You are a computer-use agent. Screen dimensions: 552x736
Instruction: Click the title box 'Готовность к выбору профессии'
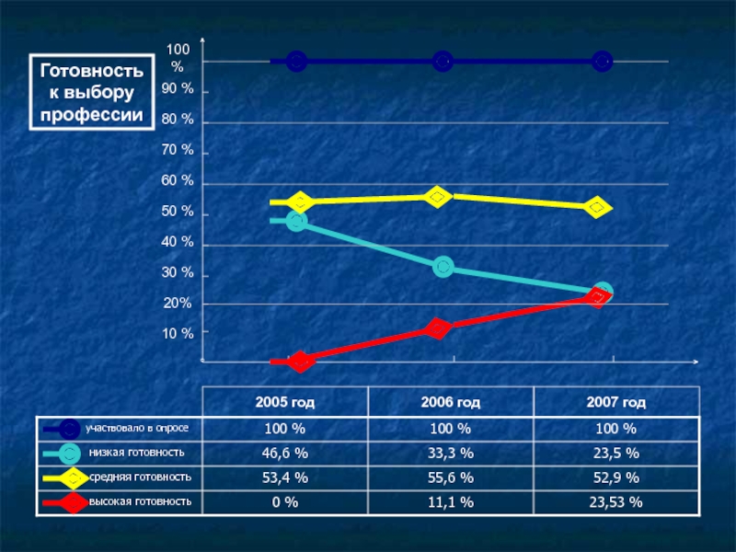tap(92, 92)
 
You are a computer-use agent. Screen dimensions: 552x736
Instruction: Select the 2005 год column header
tap(285, 403)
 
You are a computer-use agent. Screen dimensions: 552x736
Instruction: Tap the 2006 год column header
tap(451, 403)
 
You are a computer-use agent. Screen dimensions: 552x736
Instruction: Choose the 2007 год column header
tap(615, 403)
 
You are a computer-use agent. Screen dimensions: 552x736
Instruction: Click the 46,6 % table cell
tap(285, 454)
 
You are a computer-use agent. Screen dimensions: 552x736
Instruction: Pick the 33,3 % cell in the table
tap(451, 454)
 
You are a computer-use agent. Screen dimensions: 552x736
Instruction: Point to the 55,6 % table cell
tap(451, 477)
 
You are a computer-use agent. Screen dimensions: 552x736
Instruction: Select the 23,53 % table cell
tap(615, 501)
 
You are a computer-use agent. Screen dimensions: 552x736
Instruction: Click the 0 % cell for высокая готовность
tap(285, 501)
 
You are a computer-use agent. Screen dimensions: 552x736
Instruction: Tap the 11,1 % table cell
tap(451, 501)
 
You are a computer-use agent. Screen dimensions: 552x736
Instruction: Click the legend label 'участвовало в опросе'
tap(137, 429)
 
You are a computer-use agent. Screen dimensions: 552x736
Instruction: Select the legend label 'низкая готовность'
tap(137, 453)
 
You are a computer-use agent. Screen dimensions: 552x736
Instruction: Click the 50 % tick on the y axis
tap(178, 213)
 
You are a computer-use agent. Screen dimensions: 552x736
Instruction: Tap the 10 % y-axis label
tap(178, 333)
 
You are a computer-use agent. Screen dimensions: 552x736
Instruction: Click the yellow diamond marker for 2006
tap(438, 197)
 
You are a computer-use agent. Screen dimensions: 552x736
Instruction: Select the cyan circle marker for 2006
tap(443, 267)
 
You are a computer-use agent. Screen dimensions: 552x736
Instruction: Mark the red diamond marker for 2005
tap(299, 362)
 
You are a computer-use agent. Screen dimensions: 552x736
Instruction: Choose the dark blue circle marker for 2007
tap(602, 62)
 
